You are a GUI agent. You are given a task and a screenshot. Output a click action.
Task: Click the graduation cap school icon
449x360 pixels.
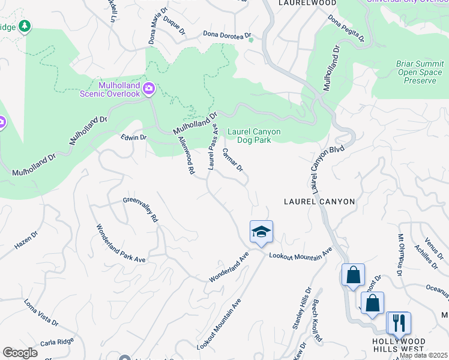point(261,232)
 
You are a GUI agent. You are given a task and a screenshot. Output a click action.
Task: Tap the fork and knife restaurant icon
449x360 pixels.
point(398,323)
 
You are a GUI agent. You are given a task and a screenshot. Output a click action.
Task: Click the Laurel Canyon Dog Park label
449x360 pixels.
point(254,136)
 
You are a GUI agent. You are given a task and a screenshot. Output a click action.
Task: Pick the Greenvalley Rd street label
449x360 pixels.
point(140,210)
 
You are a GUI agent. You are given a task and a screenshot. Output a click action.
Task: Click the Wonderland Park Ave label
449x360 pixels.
point(122,242)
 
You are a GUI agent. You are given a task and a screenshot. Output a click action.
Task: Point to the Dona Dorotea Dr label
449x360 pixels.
point(226,35)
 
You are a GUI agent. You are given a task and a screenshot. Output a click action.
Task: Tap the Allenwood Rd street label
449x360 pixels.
point(187,155)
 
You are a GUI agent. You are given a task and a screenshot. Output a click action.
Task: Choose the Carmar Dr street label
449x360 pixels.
point(232,160)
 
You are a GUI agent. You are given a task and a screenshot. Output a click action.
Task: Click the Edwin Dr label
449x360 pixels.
point(134,137)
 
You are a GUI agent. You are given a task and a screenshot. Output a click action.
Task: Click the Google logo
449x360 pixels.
point(20,353)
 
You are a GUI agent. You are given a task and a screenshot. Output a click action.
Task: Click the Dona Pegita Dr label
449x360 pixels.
point(346,28)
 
